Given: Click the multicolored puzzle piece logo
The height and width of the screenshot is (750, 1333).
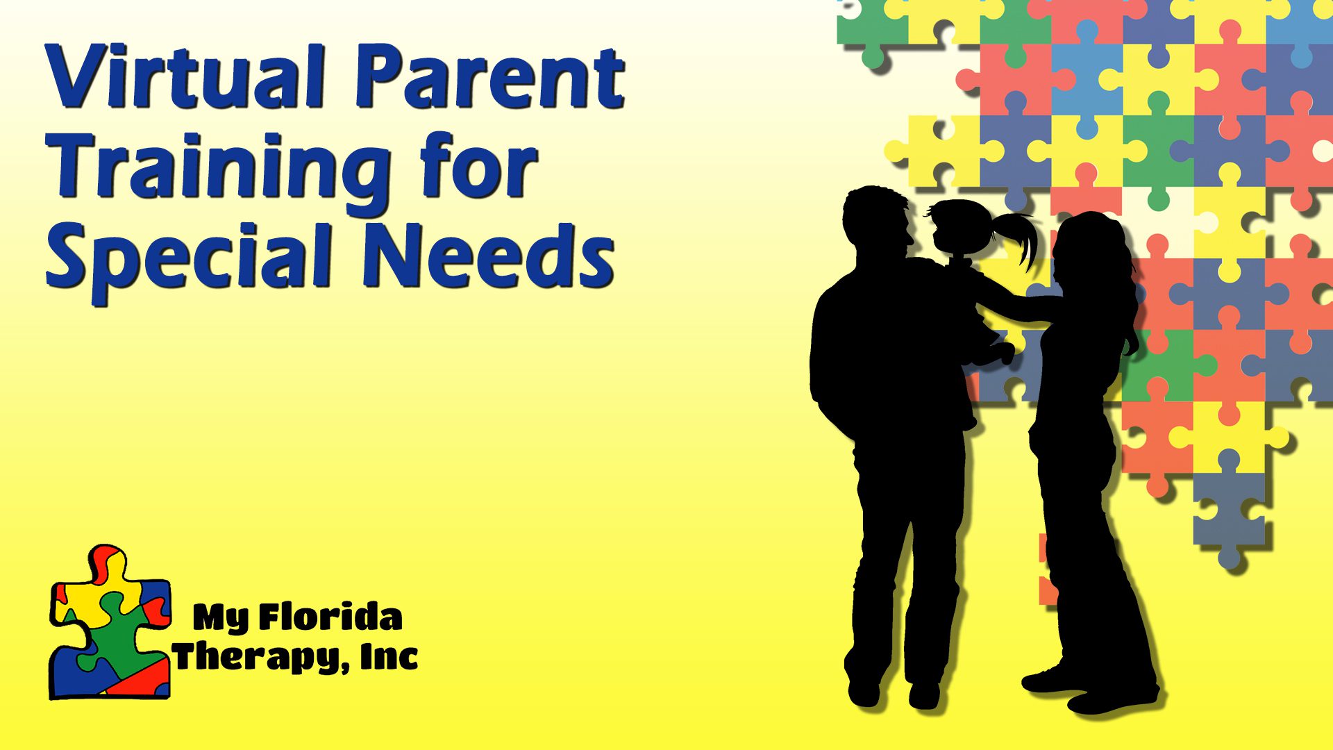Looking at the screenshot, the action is click(110, 622).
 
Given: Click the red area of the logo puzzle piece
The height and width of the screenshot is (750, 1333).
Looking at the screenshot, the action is click(139, 677).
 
